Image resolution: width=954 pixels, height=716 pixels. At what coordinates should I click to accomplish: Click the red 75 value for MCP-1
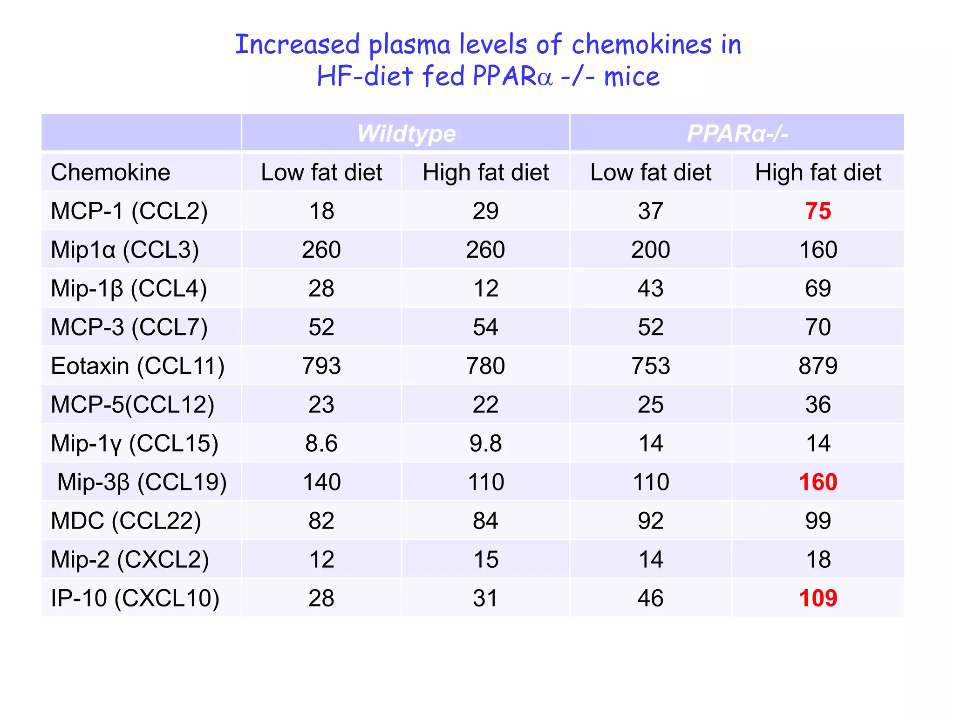click(x=818, y=211)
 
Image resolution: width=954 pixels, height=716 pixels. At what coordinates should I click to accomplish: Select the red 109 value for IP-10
click(x=818, y=598)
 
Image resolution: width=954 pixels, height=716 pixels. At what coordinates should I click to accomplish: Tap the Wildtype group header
click(x=406, y=134)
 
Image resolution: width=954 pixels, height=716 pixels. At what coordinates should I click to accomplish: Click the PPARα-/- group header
click(x=737, y=134)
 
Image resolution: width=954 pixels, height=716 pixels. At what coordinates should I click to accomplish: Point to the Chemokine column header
click(x=110, y=172)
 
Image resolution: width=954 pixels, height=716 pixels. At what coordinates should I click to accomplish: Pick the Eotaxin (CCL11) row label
click(x=137, y=366)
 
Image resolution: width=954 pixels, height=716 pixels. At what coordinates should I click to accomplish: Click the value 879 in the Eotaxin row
click(x=818, y=366)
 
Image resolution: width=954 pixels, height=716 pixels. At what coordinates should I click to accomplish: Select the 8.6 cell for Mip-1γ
click(x=321, y=443)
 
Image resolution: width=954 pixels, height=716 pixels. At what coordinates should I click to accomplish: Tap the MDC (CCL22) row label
click(x=126, y=521)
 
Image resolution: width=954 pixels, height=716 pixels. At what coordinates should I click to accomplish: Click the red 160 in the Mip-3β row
click(x=818, y=482)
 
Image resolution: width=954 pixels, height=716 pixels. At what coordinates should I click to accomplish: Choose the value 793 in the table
click(x=321, y=366)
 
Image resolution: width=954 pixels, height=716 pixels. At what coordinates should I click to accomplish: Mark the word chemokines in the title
click(x=642, y=45)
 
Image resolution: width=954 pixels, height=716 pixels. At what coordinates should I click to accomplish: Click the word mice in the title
click(x=632, y=76)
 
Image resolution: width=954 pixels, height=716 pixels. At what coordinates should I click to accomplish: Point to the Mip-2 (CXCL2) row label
click(x=129, y=559)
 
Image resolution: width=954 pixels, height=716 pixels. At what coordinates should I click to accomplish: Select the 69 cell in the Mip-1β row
click(x=818, y=289)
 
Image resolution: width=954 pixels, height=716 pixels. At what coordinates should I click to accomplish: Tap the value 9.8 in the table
click(x=485, y=443)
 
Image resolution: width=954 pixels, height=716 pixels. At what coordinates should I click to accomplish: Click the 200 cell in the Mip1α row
click(x=651, y=250)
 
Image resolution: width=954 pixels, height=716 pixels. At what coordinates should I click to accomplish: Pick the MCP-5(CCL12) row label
click(x=132, y=405)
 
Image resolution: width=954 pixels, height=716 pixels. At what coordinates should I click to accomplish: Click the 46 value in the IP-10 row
click(x=651, y=598)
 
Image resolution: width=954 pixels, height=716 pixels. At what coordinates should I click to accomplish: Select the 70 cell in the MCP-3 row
click(x=818, y=327)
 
